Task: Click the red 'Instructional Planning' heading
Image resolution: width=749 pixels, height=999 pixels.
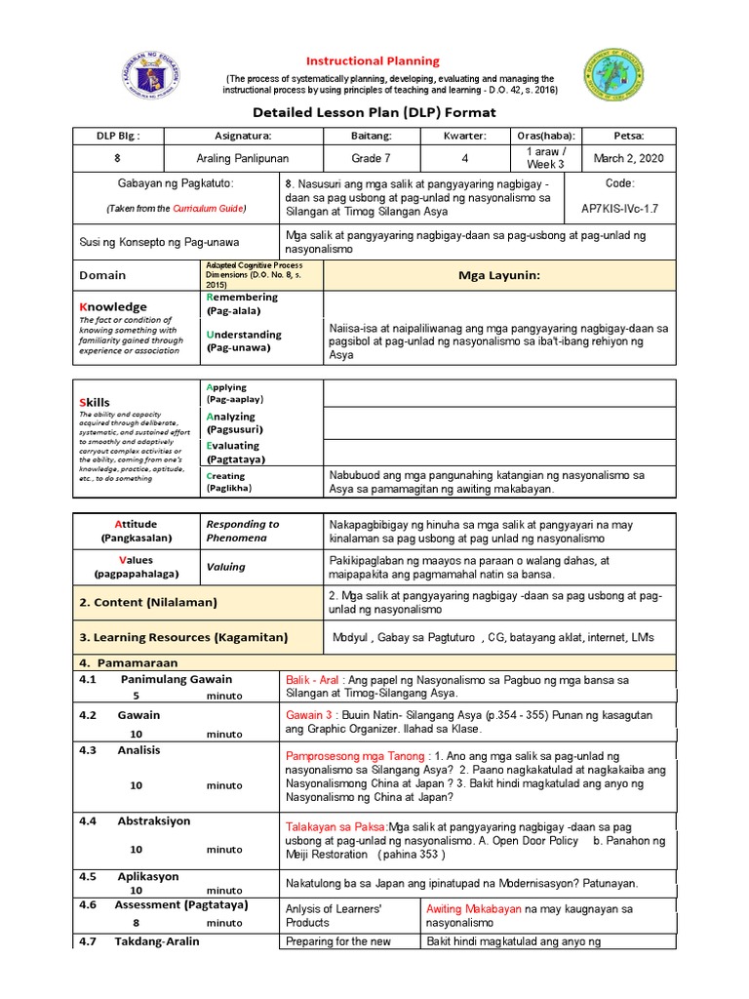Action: tap(374, 60)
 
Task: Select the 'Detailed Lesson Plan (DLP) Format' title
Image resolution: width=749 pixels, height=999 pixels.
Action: tap(374, 112)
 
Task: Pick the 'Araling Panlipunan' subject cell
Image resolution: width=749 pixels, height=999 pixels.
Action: tap(242, 157)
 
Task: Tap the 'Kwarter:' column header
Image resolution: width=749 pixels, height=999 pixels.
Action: tap(464, 136)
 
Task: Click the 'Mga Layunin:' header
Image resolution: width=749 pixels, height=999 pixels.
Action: tap(498, 275)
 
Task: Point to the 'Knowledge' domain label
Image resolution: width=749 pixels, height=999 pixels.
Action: tap(113, 306)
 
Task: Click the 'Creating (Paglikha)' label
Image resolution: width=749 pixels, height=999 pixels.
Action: tap(228, 482)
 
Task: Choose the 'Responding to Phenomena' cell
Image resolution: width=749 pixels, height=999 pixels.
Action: tap(243, 531)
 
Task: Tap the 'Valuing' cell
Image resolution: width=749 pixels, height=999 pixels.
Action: tap(225, 567)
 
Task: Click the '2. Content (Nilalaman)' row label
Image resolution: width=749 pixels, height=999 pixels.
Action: tap(149, 602)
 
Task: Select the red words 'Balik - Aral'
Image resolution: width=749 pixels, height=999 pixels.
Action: tap(313, 679)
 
